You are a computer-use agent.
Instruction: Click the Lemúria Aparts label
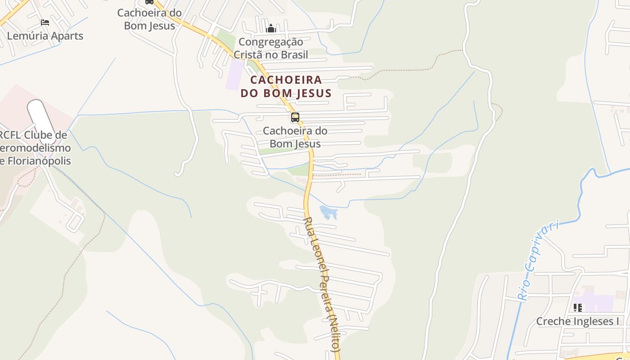click(x=45, y=36)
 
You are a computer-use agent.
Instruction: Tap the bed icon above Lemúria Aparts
click(x=45, y=22)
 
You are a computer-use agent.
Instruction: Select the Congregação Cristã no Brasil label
click(x=270, y=48)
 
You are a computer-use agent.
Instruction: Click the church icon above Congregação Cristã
click(x=271, y=29)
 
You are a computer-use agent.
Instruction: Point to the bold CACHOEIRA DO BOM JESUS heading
click(x=286, y=86)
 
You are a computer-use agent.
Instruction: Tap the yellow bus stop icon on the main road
click(x=295, y=117)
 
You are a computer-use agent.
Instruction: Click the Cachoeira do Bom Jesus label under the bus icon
click(x=295, y=137)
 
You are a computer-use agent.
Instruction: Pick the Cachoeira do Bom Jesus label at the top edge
click(x=149, y=19)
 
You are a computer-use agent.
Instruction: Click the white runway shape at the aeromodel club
click(x=41, y=117)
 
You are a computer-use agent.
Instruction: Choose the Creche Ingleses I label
click(x=577, y=321)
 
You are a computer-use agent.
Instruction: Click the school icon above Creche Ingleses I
click(x=578, y=308)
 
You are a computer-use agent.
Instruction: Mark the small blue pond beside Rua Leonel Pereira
click(x=328, y=211)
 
